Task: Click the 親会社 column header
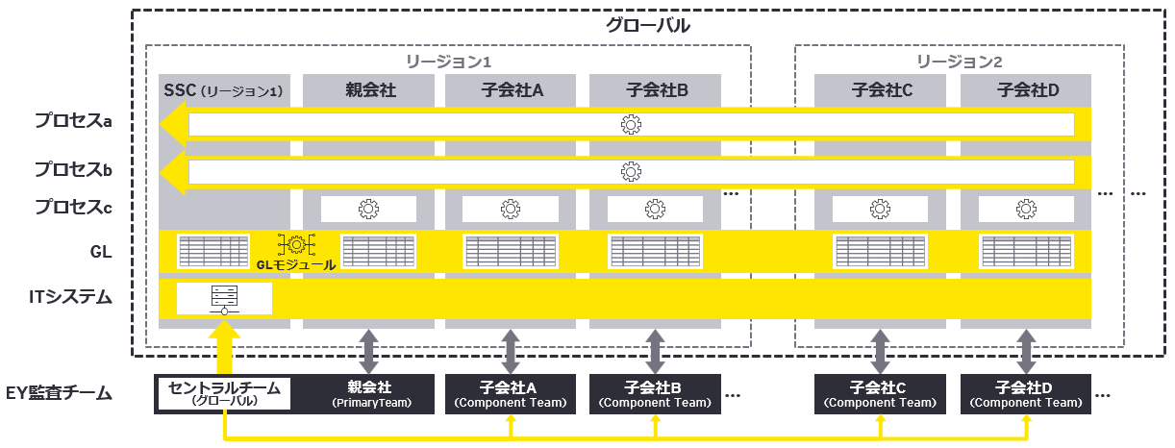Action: [x=370, y=91]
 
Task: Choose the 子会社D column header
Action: [x=1027, y=91]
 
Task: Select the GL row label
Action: [x=100, y=252]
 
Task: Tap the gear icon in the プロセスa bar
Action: [x=631, y=124]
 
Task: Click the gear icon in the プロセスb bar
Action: [x=631, y=171]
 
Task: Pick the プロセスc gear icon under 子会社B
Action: [x=656, y=209]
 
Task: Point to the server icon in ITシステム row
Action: [x=224, y=299]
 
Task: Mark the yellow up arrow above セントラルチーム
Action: [x=224, y=348]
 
